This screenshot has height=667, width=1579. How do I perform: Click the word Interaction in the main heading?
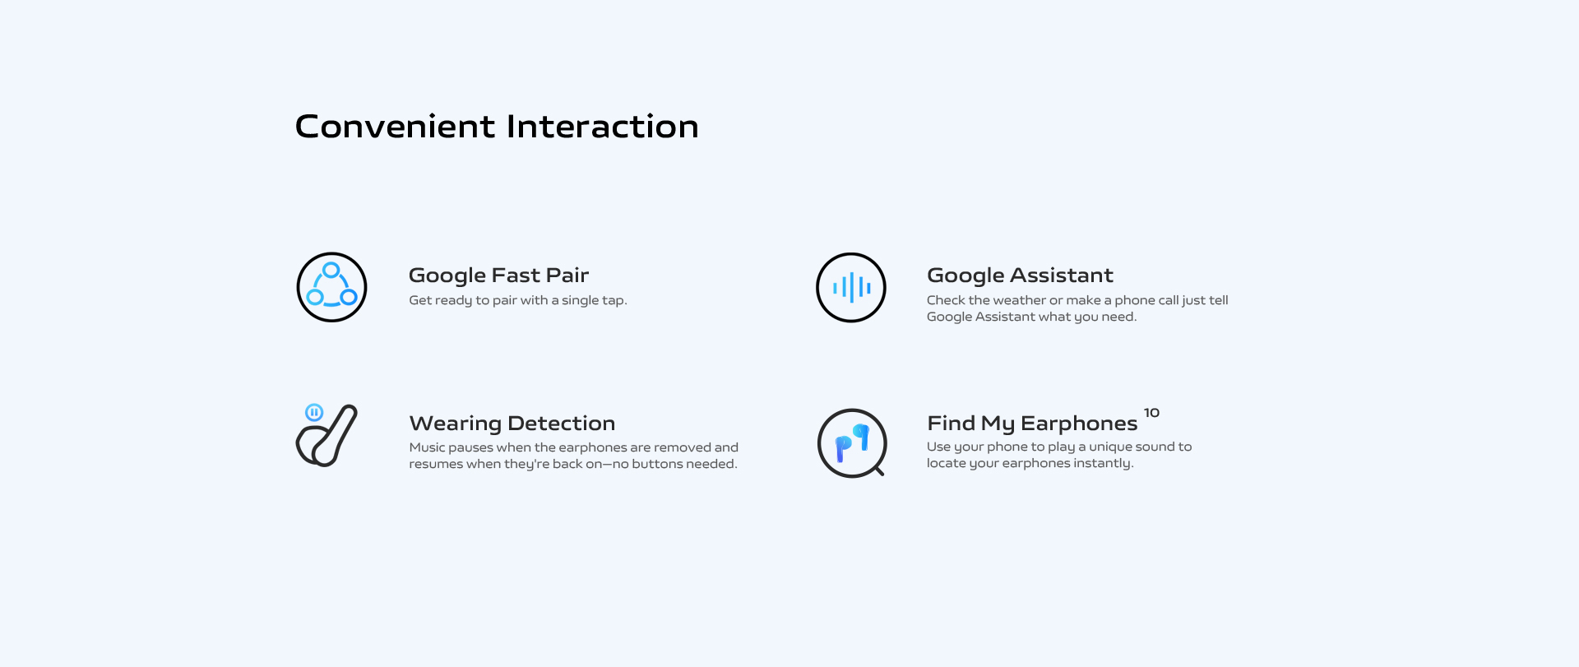[603, 127]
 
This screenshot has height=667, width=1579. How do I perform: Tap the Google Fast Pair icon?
[331, 287]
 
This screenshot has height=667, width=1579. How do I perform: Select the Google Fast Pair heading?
[498, 276]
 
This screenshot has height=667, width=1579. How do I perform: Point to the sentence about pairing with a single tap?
[518, 301]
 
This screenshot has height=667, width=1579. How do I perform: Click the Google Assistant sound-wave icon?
[851, 287]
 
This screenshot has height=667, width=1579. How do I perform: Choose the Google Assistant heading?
[1020, 276]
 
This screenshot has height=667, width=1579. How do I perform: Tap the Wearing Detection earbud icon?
[326, 436]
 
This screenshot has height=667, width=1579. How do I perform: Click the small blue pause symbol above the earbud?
[314, 412]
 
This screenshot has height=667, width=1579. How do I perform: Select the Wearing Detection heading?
[512, 424]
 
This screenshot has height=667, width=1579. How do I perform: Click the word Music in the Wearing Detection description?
[427, 447]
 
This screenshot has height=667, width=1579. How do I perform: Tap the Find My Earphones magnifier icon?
[852, 443]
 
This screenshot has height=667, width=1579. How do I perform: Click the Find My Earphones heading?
[1032, 424]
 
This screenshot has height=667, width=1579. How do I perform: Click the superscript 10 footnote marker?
[1151, 413]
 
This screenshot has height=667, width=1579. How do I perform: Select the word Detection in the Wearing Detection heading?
[562, 424]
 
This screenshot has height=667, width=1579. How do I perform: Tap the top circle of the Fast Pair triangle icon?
[331, 270]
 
